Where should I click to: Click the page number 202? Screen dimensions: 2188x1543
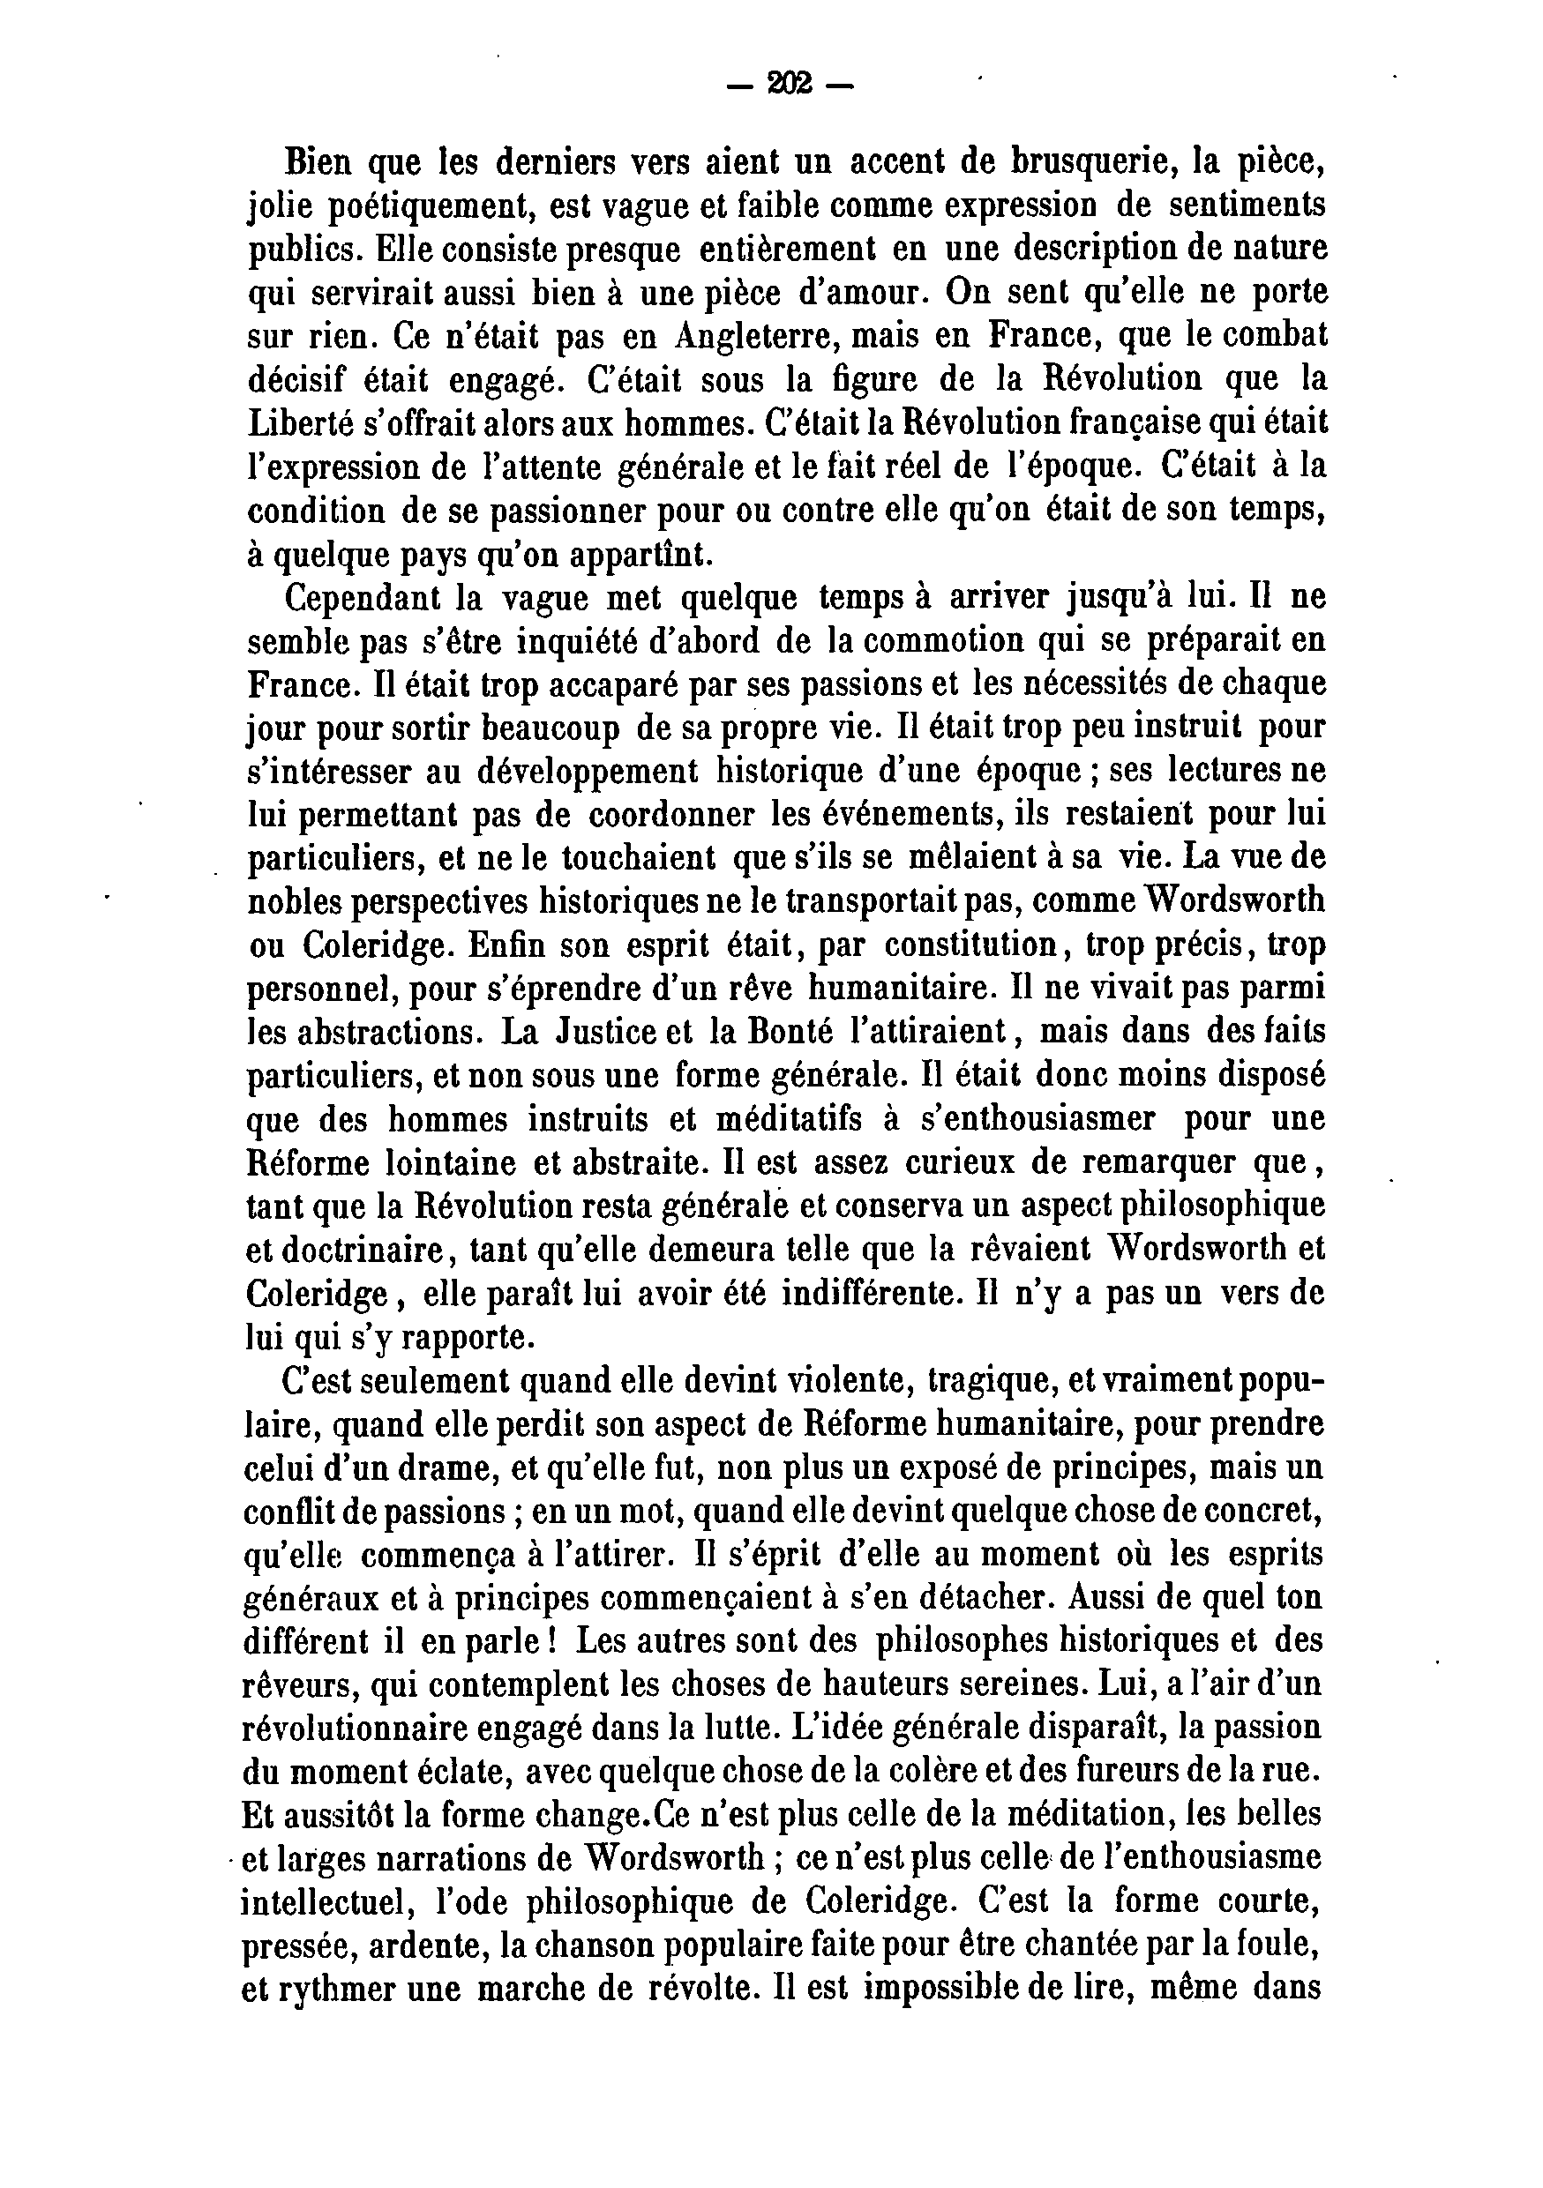click(787, 86)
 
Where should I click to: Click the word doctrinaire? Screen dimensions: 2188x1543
click(328, 1250)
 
